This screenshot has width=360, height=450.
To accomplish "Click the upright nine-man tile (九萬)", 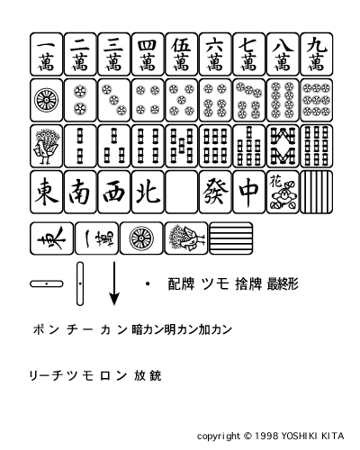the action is pyautogui.click(x=317, y=54).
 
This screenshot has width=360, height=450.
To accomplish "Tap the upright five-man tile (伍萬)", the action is pyautogui.click(x=182, y=54).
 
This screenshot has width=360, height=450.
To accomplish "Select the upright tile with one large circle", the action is pyautogui.click(x=47, y=100).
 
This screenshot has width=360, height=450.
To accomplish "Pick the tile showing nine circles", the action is pyautogui.click(x=317, y=100).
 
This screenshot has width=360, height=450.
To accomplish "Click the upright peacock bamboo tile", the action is pyautogui.click(x=47, y=146).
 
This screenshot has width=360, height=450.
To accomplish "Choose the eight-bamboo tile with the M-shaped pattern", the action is pyautogui.click(x=283, y=146).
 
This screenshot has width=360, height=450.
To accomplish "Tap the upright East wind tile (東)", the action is pyautogui.click(x=47, y=192).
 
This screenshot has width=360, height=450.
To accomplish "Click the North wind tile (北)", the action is pyautogui.click(x=148, y=192).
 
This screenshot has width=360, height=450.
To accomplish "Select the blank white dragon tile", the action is pyautogui.click(x=182, y=192).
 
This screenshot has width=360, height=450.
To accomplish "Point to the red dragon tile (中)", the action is pyautogui.click(x=249, y=192).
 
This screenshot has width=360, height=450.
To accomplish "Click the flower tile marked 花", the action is pyautogui.click(x=283, y=192).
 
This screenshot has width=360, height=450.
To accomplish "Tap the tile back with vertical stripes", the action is pyautogui.click(x=317, y=192).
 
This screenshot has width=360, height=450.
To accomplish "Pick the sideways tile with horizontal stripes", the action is pyautogui.click(x=230, y=238).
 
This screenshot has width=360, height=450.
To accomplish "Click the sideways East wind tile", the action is pyautogui.click(x=51, y=238).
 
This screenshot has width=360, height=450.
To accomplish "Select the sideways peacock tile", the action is pyautogui.click(x=186, y=238).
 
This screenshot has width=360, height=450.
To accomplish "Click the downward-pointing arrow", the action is pyautogui.click(x=114, y=283).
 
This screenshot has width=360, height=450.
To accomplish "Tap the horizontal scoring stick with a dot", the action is pyautogui.click(x=47, y=283).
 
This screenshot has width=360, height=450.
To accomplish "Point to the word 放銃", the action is pyautogui.click(x=148, y=375).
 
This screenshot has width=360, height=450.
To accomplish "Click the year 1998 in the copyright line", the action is pyautogui.click(x=266, y=436).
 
